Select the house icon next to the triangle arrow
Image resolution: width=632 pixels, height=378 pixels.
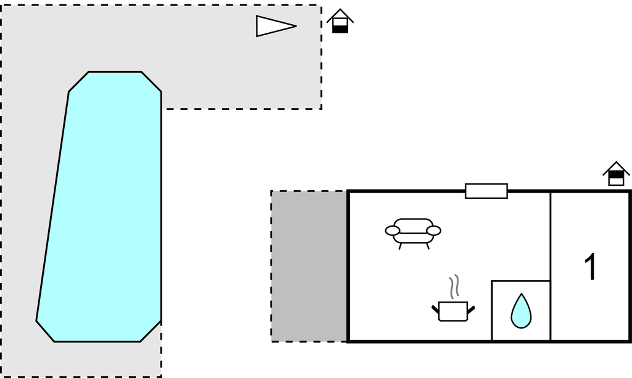(x=340, y=21)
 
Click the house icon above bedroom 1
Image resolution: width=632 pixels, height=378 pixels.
(x=616, y=174)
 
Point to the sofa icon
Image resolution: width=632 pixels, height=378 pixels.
(x=413, y=233)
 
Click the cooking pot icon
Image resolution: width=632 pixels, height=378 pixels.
(x=453, y=311)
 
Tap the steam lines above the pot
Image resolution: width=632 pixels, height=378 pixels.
(x=454, y=287)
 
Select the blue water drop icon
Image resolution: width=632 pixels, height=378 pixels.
(x=521, y=311)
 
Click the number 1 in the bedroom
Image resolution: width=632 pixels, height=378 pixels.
(x=591, y=267)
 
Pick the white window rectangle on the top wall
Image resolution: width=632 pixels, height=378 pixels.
(x=486, y=191)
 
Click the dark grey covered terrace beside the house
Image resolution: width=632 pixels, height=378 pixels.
(x=309, y=266)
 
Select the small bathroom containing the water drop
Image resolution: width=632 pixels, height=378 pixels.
(x=521, y=311)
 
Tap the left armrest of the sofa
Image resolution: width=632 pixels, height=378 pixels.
(x=393, y=230)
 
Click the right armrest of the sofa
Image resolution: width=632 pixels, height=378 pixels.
(x=434, y=230)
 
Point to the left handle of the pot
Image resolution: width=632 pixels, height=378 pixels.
(x=435, y=310)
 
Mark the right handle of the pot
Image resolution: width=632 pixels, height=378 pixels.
(x=471, y=310)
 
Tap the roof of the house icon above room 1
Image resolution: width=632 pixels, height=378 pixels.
(x=616, y=168)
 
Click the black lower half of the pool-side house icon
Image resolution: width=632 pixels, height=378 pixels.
(x=340, y=29)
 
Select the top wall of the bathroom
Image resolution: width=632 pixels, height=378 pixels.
(x=521, y=280)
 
